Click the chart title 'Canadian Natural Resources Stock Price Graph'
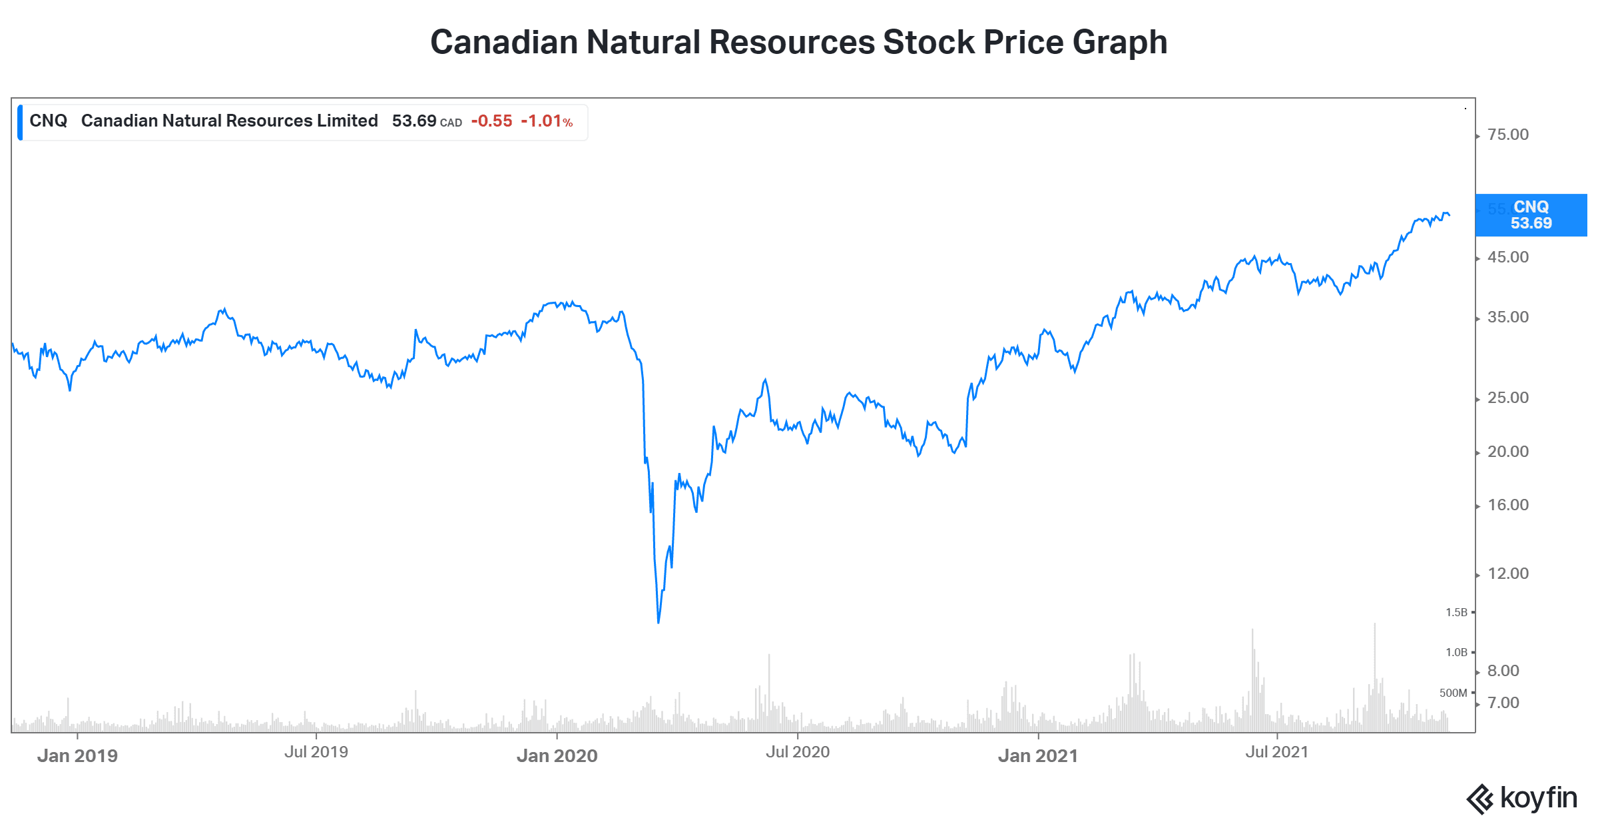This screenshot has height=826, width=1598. coord(798,42)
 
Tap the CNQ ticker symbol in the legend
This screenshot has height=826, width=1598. coord(48,121)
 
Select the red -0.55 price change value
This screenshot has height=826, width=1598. coord(491,121)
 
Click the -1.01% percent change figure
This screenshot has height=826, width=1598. coord(546,121)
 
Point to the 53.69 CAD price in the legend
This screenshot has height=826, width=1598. coord(426,121)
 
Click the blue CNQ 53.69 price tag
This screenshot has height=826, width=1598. coord(1530,215)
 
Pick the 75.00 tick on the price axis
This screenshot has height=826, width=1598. coord(1508,135)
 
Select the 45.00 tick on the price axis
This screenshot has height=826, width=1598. coord(1508,257)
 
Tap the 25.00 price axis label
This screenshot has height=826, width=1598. coord(1508,398)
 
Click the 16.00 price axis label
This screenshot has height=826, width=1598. coord(1508,505)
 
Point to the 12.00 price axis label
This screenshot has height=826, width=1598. coord(1508,574)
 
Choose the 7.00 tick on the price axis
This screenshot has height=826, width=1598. coord(1503,703)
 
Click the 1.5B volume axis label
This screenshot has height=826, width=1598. coord(1456,612)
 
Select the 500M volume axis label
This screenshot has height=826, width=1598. coord(1453,693)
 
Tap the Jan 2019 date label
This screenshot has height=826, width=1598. coord(77,755)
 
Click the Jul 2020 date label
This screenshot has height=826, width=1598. coord(797,752)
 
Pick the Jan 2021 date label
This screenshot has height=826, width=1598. coord(1037,755)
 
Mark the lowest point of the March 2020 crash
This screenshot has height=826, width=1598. coord(659,622)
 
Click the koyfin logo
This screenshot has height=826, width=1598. coord(1522,798)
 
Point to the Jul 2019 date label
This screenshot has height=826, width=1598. coord(316,752)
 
